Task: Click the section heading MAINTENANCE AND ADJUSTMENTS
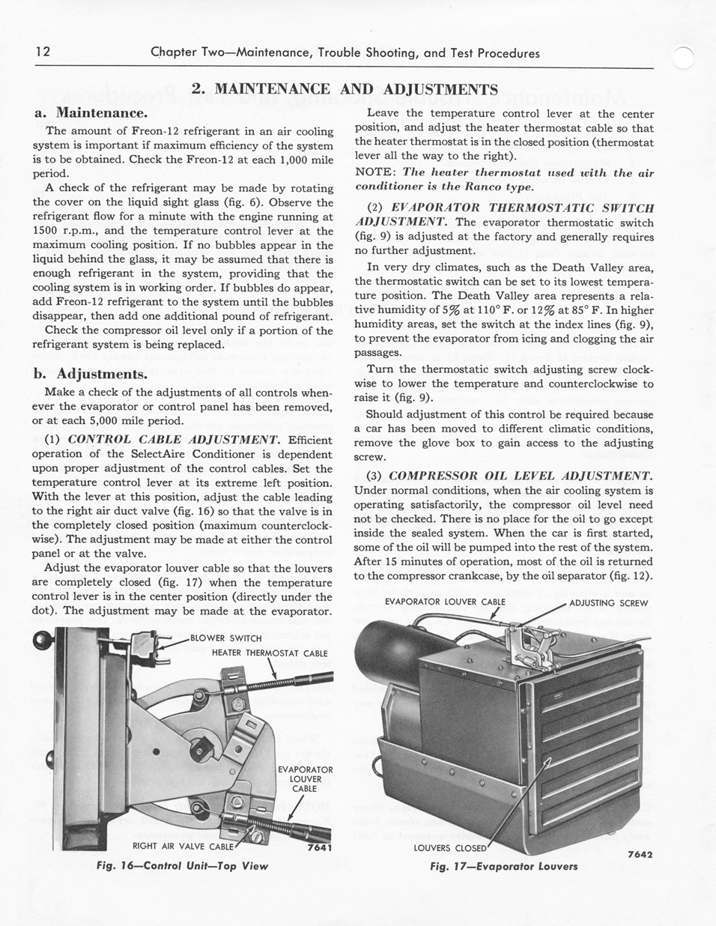pos(345,89)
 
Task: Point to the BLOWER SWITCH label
pos(225,638)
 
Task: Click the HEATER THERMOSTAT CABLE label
pos(270,653)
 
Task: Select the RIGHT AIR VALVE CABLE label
pos(183,847)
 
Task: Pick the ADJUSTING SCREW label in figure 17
pos(608,602)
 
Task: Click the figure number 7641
pos(320,848)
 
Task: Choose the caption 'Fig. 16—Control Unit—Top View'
pos(183,865)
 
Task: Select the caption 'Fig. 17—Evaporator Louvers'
pos(504,866)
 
